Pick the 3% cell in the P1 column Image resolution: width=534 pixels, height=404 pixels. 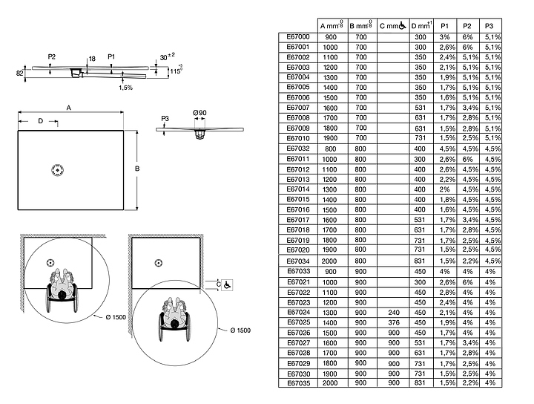(444, 36)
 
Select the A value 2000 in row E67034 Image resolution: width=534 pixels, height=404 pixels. (330, 261)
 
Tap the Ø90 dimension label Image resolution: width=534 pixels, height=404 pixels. (200, 112)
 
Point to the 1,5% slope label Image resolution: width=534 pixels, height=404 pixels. (126, 88)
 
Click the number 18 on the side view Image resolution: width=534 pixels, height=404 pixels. (91, 57)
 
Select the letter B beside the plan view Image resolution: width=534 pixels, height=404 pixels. (137, 169)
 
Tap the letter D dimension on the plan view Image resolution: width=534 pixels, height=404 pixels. (40, 120)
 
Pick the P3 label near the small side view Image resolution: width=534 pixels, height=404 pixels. (165, 119)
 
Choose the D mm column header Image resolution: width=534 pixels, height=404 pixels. (421, 25)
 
